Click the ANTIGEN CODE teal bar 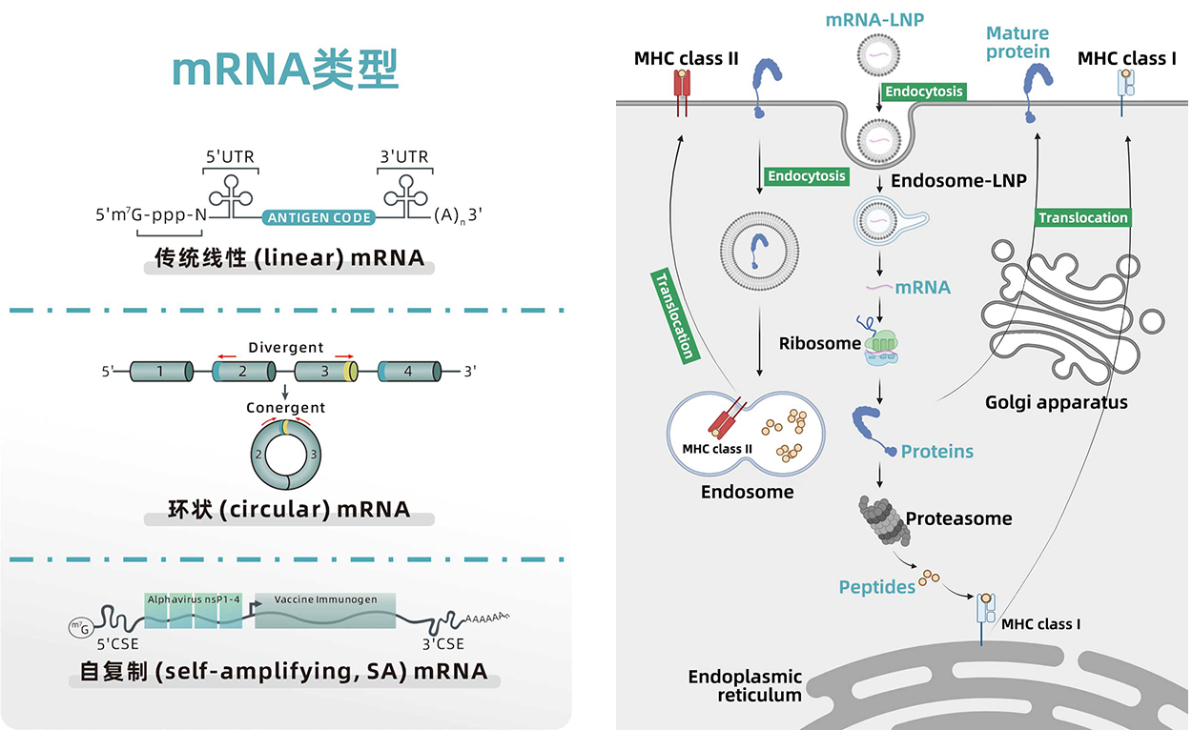pyautogui.click(x=319, y=217)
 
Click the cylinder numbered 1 pyautogui.click(x=161, y=372)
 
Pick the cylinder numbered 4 pyautogui.click(x=410, y=372)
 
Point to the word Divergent pyautogui.click(x=286, y=348)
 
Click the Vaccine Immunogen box pyautogui.click(x=325, y=611)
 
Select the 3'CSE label pyautogui.click(x=443, y=643)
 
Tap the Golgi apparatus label pyautogui.click(x=1057, y=402)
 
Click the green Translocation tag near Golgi pyautogui.click(x=1082, y=217)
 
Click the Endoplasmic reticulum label pyautogui.click(x=746, y=686)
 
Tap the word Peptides pyautogui.click(x=877, y=587)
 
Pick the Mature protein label pyautogui.click(x=1017, y=42)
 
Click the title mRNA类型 pyautogui.click(x=285, y=70)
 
